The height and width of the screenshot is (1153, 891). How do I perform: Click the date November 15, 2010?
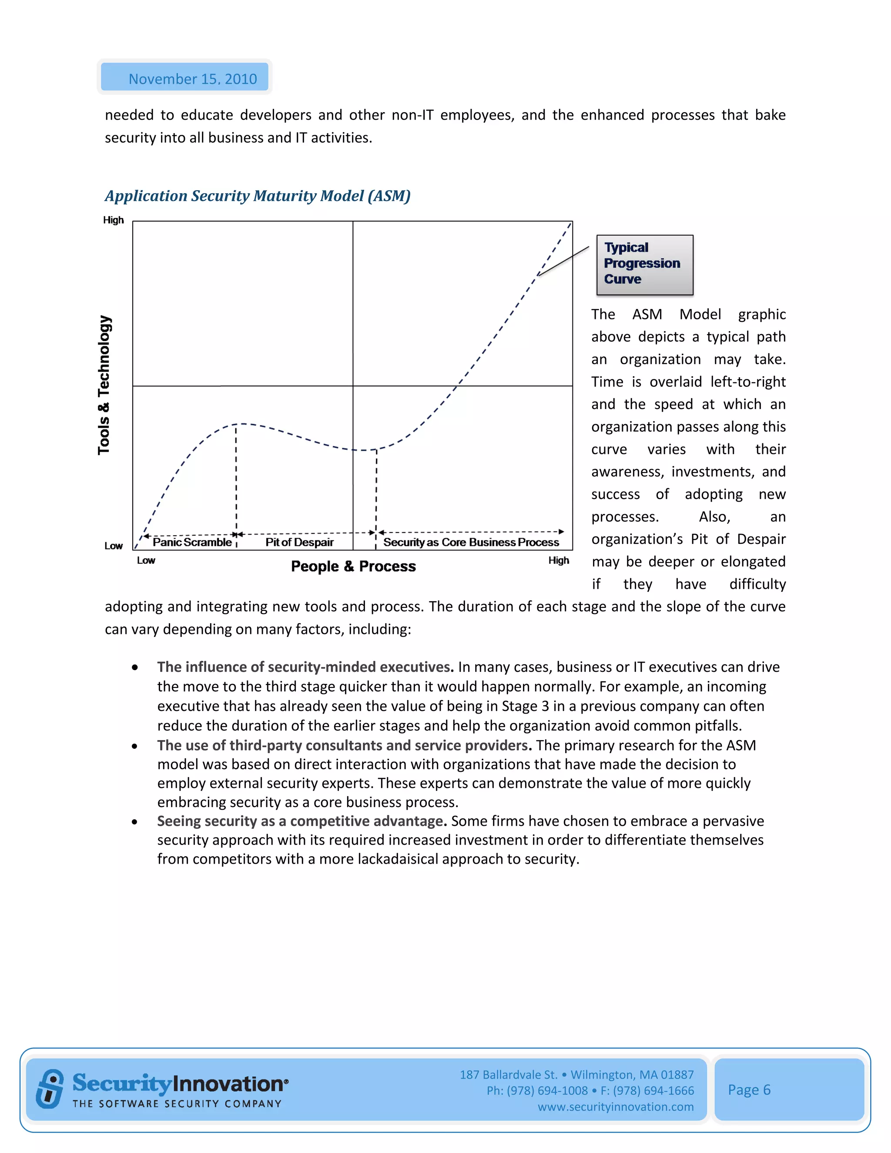tap(192, 79)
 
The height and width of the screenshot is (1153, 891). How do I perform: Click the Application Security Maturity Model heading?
tap(257, 196)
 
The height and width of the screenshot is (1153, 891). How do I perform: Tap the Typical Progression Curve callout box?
tap(644, 264)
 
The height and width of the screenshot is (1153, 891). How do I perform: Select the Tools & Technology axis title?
tap(104, 385)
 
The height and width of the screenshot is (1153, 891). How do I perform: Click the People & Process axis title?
tap(353, 566)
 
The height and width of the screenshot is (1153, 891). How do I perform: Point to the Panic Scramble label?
tap(192, 542)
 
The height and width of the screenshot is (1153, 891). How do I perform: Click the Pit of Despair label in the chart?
tap(299, 542)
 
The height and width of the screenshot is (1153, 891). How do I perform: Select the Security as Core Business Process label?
tap(471, 542)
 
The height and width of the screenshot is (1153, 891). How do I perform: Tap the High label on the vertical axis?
tap(113, 220)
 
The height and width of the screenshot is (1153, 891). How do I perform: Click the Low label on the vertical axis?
tap(113, 546)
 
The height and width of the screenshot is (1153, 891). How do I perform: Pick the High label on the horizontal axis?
tap(559, 561)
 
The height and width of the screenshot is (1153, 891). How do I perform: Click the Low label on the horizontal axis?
tap(146, 561)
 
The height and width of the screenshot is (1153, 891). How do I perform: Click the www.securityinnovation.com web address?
tap(616, 1106)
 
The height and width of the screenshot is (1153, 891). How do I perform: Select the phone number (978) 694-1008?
tap(547, 1091)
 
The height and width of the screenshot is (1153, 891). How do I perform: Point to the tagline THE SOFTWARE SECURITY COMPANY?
tap(177, 1104)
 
